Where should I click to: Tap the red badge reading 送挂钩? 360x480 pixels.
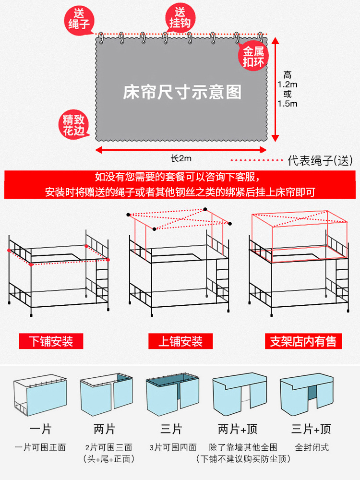coord(179,18)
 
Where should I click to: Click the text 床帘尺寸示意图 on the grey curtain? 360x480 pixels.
coord(182,92)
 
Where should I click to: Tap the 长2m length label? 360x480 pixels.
coord(181,158)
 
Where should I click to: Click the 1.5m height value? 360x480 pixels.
coord(288,103)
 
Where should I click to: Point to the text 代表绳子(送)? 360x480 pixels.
coord(320,161)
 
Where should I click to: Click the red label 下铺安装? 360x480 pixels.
coord(51,341)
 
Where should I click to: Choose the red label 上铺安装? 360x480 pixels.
coord(180,341)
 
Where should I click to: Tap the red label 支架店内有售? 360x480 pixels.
coord(303,341)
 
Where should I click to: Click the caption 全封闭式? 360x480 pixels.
coord(312,447)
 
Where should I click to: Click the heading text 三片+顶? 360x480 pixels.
coord(311,429)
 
